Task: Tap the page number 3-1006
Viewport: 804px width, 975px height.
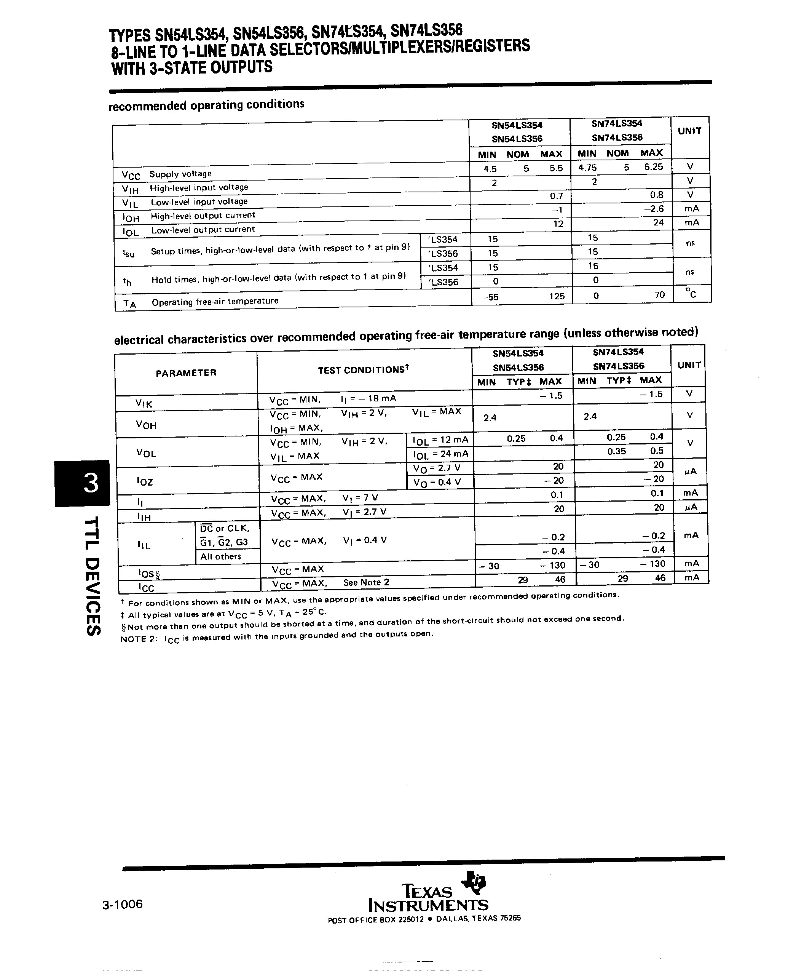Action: pos(123,904)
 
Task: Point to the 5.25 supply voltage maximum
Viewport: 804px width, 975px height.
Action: pos(654,167)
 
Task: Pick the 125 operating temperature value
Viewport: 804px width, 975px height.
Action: pos(557,296)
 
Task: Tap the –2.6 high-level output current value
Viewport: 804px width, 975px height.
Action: pos(654,209)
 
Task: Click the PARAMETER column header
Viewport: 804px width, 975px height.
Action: pos(186,373)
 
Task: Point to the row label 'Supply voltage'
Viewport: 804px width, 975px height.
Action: pos(180,174)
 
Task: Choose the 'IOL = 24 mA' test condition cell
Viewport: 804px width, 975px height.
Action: pos(440,454)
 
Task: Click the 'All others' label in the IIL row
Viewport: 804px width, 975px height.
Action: pos(220,556)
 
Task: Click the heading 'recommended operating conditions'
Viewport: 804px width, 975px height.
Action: pos(206,105)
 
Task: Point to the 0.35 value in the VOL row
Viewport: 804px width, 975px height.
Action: pos(616,451)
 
